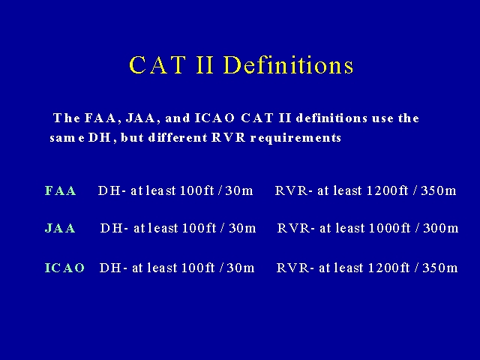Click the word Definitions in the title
tap(288, 65)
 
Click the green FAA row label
tap(60, 190)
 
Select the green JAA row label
tap(60, 228)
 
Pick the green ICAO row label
tap(64, 268)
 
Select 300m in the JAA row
tap(441, 228)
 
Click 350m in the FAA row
tap(439, 190)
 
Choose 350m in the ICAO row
tap(440, 268)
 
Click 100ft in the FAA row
tap(196, 190)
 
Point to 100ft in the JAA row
tap(199, 228)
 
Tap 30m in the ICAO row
tap(241, 268)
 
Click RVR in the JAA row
tap(293, 228)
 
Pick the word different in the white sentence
tap(178, 137)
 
